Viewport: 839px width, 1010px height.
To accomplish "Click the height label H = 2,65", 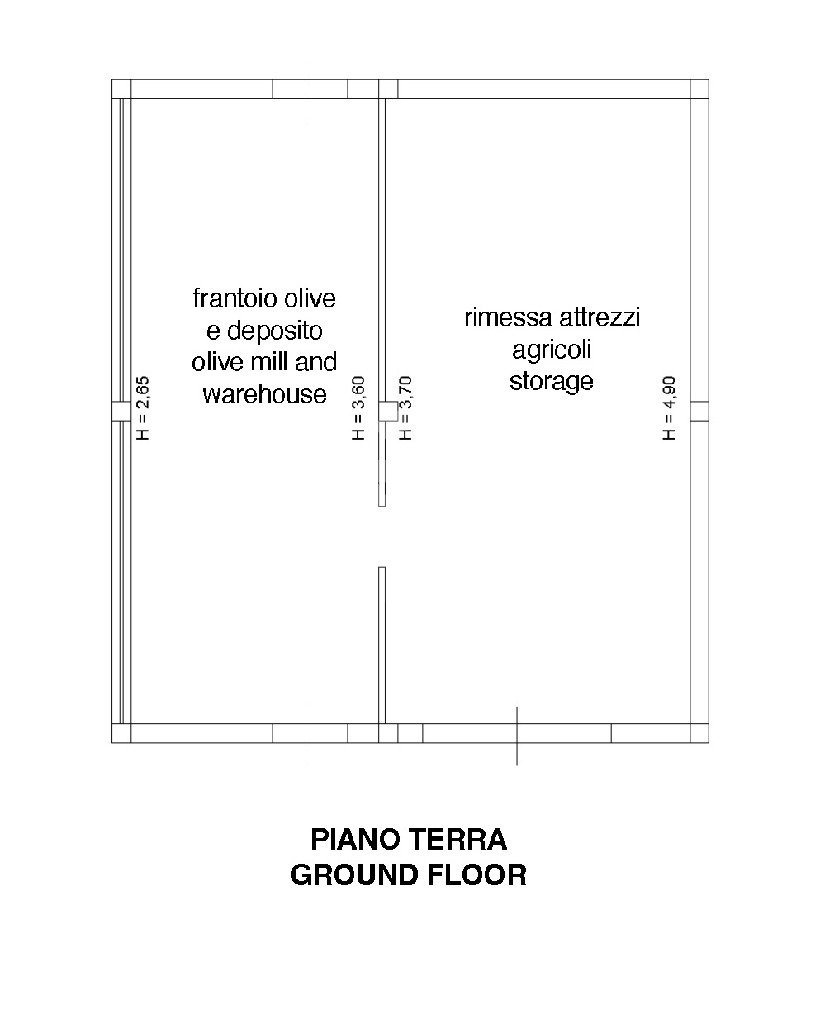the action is coord(143,408).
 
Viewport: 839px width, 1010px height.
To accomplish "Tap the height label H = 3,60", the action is coord(358,408).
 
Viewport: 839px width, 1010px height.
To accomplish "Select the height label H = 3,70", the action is coord(405,408).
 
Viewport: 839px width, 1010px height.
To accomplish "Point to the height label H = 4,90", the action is coord(669,408).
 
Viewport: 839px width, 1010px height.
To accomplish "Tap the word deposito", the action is coord(274,331).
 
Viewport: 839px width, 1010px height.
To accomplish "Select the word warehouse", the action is coord(265,393).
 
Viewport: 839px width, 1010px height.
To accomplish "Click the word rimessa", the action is coord(508,318).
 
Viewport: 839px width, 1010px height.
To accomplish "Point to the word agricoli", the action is coord(552,350).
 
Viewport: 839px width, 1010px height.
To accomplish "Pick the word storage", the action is coord(552,381).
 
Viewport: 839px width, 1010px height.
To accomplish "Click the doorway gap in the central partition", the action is coord(382,536).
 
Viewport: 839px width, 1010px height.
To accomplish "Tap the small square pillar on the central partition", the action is coord(388,411).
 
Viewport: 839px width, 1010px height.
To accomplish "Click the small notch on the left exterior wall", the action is coord(121,411).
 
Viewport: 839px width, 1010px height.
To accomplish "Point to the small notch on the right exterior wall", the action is coord(699,411).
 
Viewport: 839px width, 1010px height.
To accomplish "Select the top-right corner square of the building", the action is coord(699,89).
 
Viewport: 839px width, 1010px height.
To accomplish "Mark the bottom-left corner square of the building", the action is coord(121,733).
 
